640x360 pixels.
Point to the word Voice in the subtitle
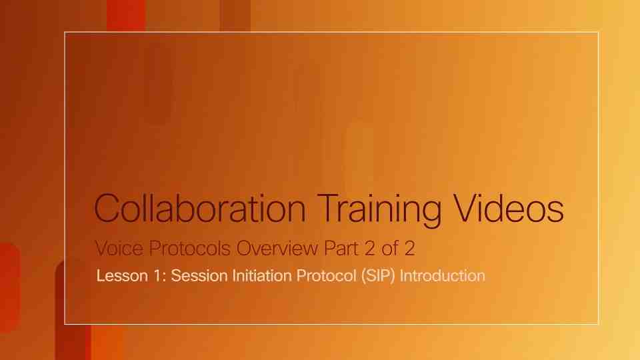tap(115, 249)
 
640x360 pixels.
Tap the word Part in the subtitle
tap(339, 249)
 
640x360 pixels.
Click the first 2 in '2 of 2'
tap(369, 249)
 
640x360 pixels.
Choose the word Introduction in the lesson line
tap(442, 275)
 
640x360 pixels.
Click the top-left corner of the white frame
tap(65, 31)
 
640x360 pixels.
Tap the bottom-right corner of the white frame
tap(598, 324)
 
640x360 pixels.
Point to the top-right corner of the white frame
tap(598, 31)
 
